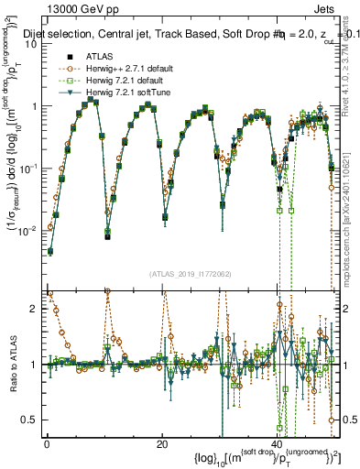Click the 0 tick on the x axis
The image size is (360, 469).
click(x=47, y=443)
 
